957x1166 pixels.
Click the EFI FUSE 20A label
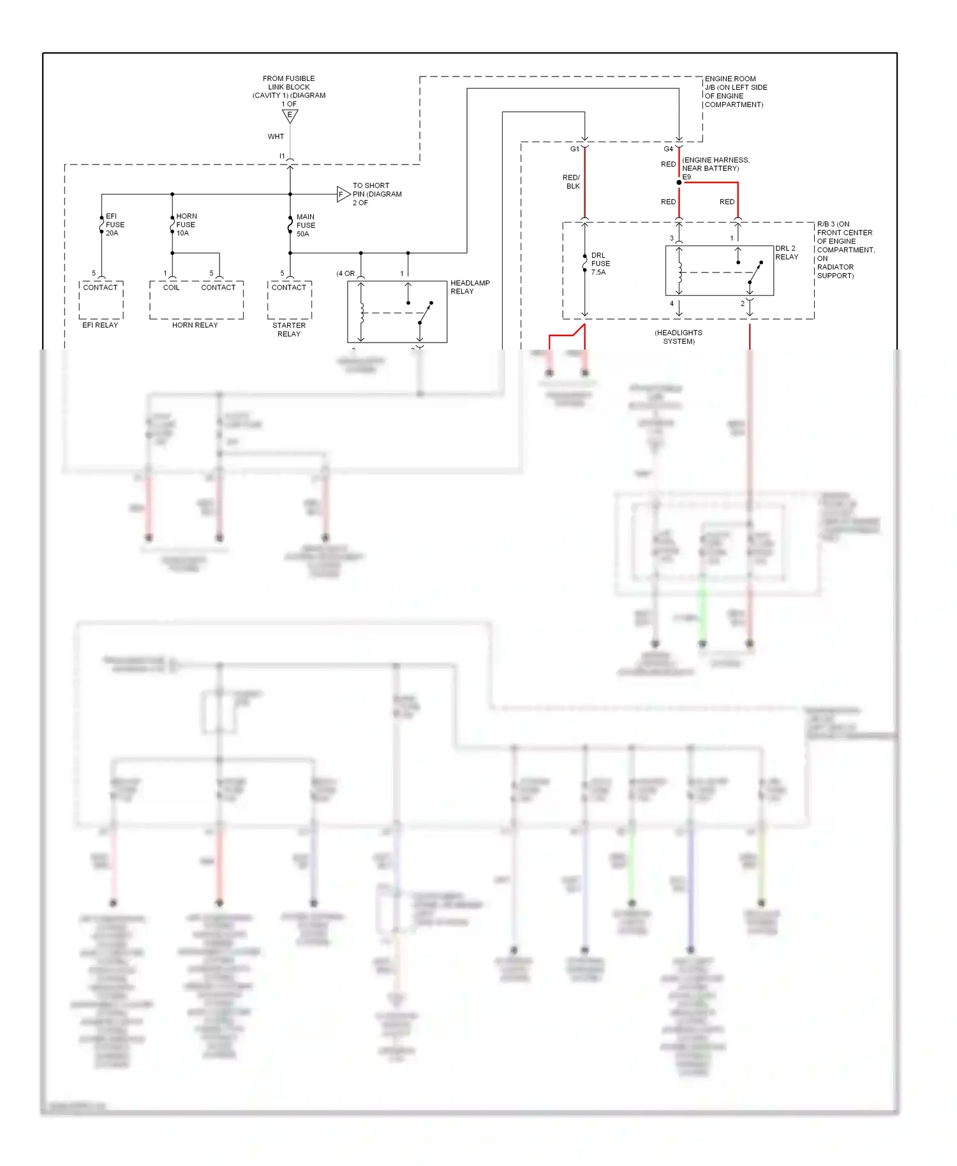pyautogui.click(x=115, y=225)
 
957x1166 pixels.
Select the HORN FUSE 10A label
pyautogui.click(x=186, y=225)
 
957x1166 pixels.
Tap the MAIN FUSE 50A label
pyautogui.click(x=306, y=225)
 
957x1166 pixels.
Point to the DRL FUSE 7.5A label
pyautogui.click(x=600, y=263)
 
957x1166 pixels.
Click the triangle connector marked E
pyautogui.click(x=290, y=115)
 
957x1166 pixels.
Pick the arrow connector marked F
pyautogui.click(x=343, y=194)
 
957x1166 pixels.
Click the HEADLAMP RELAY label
pyautogui.click(x=470, y=287)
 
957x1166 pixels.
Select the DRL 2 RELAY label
pyautogui.click(x=786, y=253)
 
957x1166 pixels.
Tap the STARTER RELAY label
pyautogui.click(x=289, y=330)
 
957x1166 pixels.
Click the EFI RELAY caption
pyautogui.click(x=100, y=325)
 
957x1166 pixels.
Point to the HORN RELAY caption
pyautogui.click(x=195, y=325)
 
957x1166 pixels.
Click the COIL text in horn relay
pyautogui.click(x=171, y=288)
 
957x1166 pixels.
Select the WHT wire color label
pyautogui.click(x=276, y=137)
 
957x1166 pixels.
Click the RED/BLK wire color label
pyautogui.click(x=572, y=182)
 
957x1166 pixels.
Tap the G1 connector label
pyautogui.click(x=574, y=149)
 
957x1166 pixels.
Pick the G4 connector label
pyautogui.click(x=668, y=149)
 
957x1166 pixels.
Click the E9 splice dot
pyautogui.click(x=679, y=182)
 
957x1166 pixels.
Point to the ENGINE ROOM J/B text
pyautogui.click(x=735, y=91)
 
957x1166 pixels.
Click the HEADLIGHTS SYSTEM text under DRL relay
pyautogui.click(x=678, y=337)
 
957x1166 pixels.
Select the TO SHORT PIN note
pyautogui.click(x=376, y=194)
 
